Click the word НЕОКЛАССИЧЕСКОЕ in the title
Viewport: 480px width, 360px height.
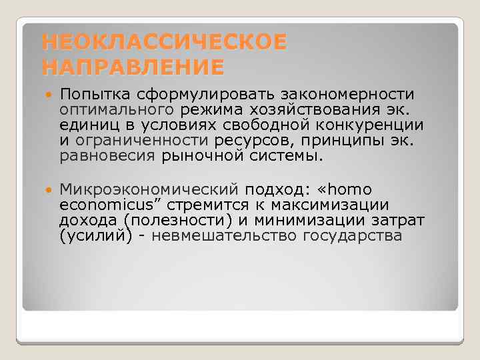164,43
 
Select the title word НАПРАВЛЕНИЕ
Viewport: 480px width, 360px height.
133,67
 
